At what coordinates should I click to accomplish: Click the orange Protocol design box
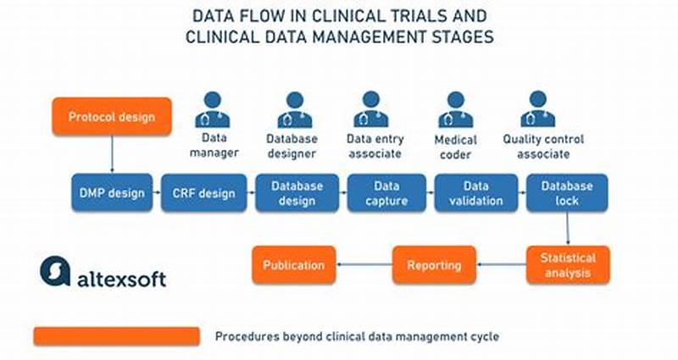coord(112,117)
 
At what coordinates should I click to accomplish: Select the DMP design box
coord(111,193)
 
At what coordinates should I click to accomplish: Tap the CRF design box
coord(203,193)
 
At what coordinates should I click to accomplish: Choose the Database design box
coord(297,193)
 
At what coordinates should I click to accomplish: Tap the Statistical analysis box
coord(568,265)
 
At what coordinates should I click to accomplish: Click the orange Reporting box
coord(433,265)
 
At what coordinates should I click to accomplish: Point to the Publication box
coord(294,265)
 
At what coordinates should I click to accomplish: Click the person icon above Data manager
coord(213,109)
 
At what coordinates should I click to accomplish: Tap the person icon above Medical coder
coord(455,109)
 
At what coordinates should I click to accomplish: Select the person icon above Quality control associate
coord(537,109)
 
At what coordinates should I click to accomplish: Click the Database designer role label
coord(292,146)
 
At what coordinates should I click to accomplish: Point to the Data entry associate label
coord(375,146)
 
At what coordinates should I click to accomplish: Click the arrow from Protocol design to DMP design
coord(112,155)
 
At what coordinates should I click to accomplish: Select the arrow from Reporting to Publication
coord(364,265)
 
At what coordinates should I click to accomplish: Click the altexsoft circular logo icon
coord(54,271)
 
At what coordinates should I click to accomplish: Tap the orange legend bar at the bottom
coord(117,336)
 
